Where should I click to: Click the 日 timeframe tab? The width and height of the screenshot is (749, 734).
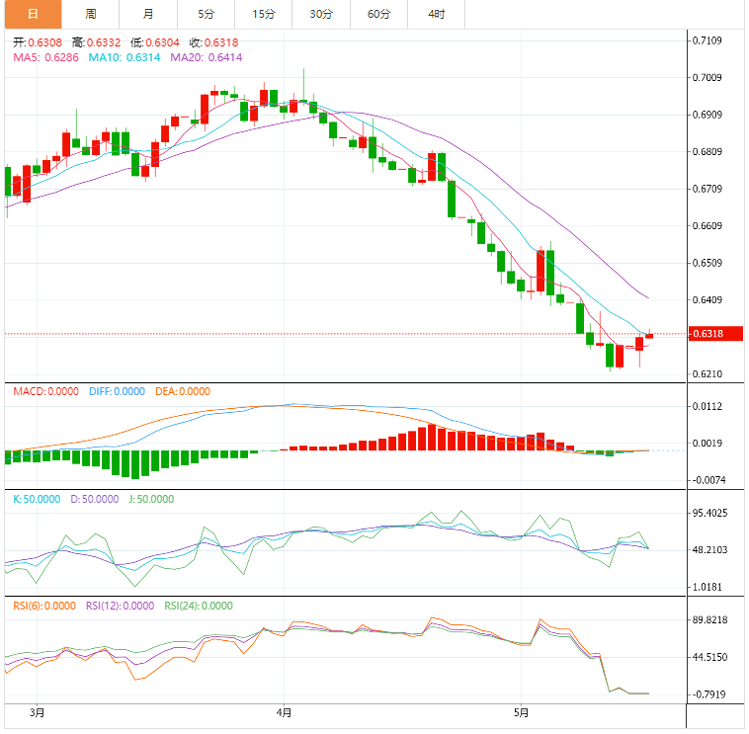(x=33, y=14)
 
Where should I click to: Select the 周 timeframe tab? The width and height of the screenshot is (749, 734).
(x=91, y=14)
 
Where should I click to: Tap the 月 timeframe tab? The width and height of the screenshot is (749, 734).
(x=147, y=14)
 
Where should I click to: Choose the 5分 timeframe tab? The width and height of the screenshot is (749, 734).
(x=205, y=14)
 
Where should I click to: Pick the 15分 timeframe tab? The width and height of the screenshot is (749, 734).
(x=264, y=14)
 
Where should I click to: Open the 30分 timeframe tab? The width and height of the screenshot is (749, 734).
(x=320, y=14)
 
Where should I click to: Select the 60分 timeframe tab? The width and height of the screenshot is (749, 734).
(x=378, y=14)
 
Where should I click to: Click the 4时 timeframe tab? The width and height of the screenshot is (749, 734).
(x=436, y=14)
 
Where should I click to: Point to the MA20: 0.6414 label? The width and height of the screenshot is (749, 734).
(x=206, y=58)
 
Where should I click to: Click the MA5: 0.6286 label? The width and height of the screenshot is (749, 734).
(x=45, y=58)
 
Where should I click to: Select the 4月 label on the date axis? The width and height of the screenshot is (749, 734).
(x=285, y=712)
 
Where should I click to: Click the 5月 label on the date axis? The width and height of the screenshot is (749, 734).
(x=521, y=712)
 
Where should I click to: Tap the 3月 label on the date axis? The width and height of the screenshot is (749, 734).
(x=38, y=712)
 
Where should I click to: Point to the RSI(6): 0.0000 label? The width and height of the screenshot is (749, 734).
(x=46, y=607)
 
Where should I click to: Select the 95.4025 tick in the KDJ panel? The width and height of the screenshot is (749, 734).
(x=711, y=513)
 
